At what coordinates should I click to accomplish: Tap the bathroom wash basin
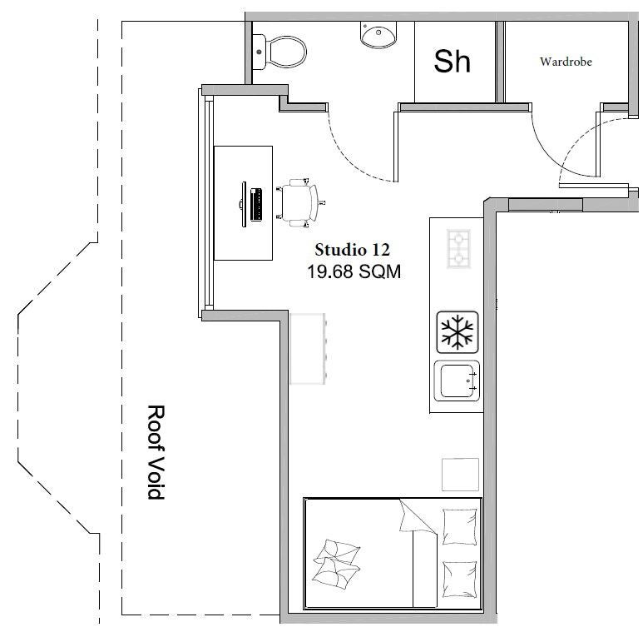378,34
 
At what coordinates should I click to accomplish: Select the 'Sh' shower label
452,62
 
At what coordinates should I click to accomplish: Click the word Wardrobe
566,62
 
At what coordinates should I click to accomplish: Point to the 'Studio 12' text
352,250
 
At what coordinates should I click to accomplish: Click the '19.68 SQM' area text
354,271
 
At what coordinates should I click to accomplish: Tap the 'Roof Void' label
156,452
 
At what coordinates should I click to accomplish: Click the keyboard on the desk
256,204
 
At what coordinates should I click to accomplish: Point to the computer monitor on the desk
243,204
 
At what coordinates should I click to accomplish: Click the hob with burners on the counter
458,249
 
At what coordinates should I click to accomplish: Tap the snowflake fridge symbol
458,332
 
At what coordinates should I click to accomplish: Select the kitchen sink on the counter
457,381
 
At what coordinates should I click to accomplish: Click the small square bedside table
460,474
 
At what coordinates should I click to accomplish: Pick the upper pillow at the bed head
459,526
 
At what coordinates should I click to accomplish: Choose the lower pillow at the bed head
459,580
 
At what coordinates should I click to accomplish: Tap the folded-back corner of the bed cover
416,517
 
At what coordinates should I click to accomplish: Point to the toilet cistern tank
259,52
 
